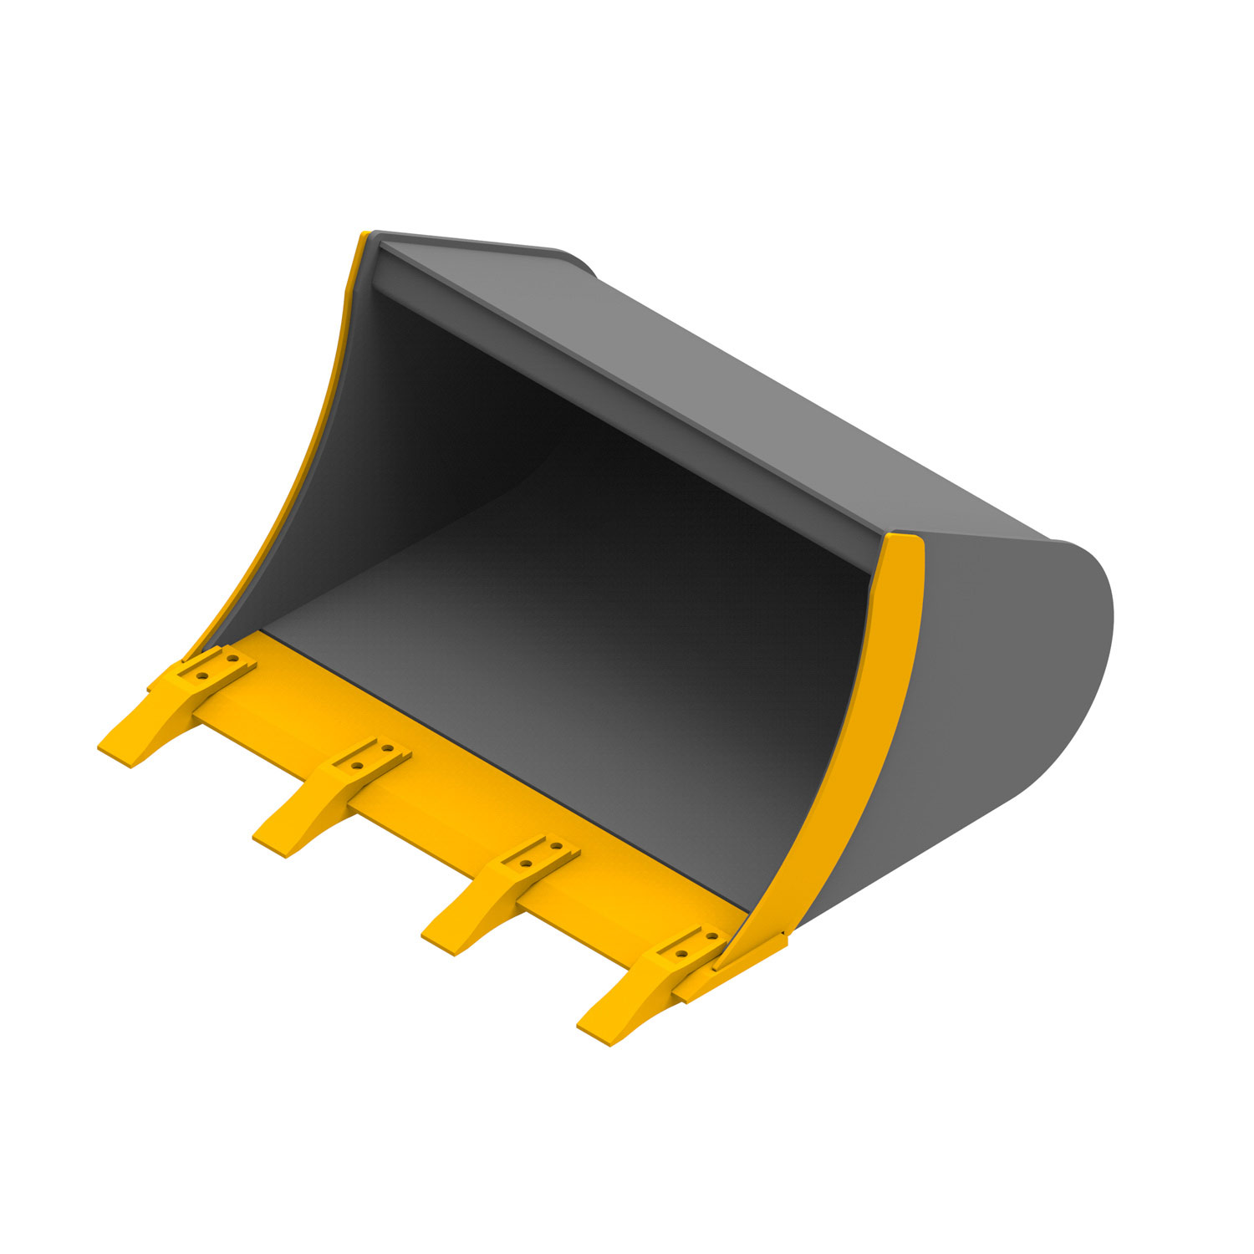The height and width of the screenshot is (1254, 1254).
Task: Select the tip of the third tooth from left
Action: point(439,941)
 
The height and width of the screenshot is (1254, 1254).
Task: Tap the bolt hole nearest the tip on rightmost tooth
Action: point(681,953)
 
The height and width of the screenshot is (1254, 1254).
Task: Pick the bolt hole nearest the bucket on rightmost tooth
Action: point(711,937)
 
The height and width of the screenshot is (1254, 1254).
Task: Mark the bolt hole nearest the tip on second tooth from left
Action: point(357,765)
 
